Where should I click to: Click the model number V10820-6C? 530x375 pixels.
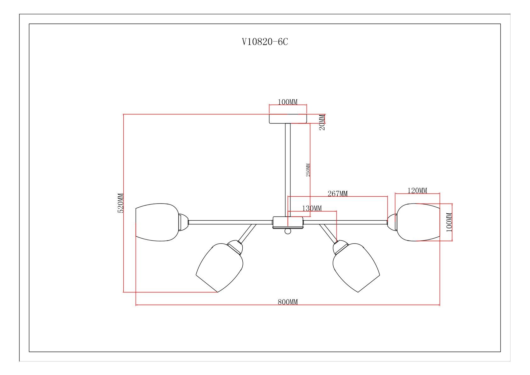click(265, 42)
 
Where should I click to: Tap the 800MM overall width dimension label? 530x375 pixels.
click(288, 302)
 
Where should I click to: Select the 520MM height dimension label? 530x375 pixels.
click(121, 203)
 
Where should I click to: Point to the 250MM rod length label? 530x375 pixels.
click(308, 170)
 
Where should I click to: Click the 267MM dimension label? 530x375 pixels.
click(338, 193)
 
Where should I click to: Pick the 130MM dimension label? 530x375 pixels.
click(312, 208)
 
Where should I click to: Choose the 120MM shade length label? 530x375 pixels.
click(417, 190)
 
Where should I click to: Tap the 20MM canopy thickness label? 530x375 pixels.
click(322, 122)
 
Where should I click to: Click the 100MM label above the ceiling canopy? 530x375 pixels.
click(288, 102)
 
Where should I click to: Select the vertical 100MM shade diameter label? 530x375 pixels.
click(449, 222)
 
